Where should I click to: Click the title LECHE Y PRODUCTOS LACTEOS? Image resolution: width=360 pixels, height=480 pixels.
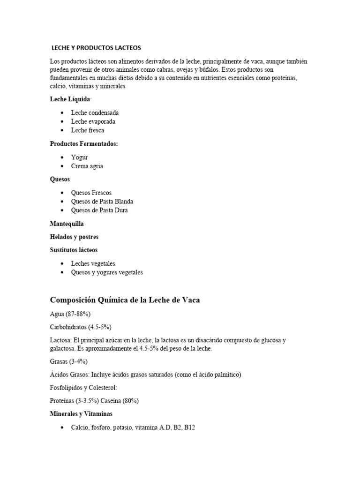click(96, 48)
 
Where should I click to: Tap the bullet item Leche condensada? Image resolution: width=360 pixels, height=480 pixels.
click(95, 113)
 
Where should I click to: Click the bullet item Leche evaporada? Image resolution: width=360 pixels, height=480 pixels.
click(93, 121)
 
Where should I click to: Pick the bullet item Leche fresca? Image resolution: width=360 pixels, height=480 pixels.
click(87, 130)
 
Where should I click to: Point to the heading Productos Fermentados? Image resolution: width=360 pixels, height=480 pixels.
click(84, 144)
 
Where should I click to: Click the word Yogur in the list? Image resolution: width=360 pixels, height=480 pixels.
click(79, 157)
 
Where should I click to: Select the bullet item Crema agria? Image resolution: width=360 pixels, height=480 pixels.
click(87, 166)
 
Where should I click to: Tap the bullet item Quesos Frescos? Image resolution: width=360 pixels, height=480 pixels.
click(91, 193)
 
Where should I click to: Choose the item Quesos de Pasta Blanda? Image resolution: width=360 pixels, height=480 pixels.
click(102, 202)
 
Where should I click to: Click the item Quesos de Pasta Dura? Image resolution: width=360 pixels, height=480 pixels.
click(99, 210)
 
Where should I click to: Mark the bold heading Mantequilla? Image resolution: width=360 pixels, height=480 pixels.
click(67, 224)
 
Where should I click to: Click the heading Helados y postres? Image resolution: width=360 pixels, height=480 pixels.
click(74, 237)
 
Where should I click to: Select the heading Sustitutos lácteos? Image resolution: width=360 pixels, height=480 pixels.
click(74, 250)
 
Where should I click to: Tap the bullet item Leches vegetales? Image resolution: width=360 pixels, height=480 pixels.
click(93, 263)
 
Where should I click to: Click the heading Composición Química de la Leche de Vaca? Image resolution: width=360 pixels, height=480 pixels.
click(125, 300)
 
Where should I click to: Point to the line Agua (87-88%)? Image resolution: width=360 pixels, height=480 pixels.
click(70, 314)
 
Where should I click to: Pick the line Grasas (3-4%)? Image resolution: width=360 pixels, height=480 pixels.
click(68, 361)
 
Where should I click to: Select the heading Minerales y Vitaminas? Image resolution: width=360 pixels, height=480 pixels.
click(81, 414)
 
